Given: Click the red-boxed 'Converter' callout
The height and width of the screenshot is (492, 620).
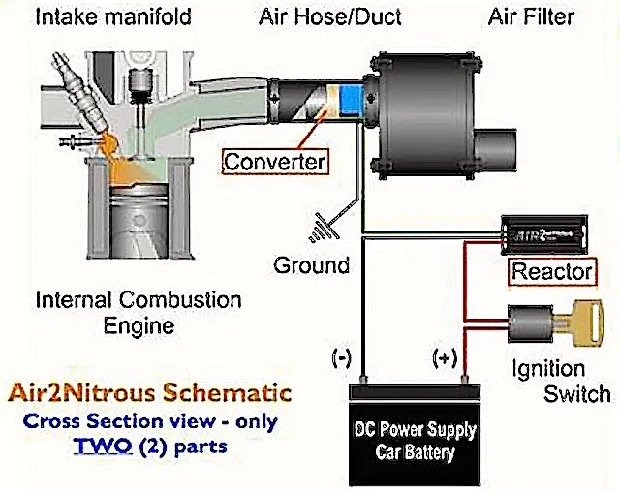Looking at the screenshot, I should point(274,160).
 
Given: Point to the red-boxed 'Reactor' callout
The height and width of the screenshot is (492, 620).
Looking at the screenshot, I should point(551,270).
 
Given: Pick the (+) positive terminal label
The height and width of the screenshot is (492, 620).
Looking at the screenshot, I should point(445,358).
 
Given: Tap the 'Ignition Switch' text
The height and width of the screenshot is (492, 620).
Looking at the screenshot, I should point(563,382).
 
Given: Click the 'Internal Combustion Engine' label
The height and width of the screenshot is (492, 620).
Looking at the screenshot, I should point(138,311).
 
